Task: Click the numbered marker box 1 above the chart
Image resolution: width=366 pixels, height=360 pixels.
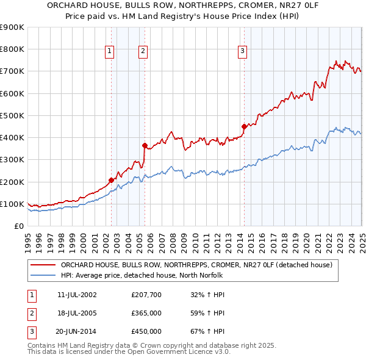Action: tap(109, 52)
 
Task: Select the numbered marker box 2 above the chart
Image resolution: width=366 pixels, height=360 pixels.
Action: tap(143, 52)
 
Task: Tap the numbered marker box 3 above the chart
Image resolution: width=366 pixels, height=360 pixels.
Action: tap(242, 52)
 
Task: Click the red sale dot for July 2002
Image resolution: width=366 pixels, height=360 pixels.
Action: tap(111, 180)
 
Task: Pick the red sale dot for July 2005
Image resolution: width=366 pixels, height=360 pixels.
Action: tap(145, 145)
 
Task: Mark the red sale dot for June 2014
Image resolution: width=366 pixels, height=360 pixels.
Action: tap(244, 126)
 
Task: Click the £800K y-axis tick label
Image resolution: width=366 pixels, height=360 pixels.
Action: tap(12, 49)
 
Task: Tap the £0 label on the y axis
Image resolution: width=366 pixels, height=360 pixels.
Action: tap(18, 226)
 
